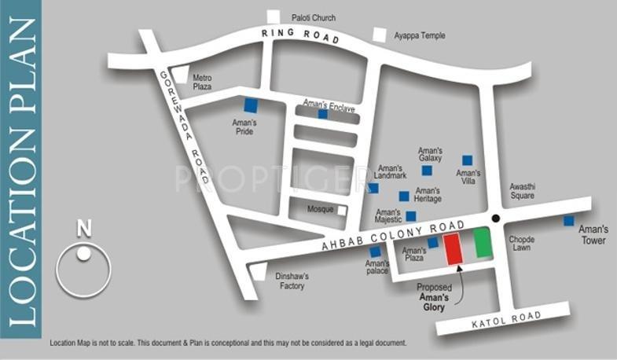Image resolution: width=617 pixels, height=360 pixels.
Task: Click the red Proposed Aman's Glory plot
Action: coord(454,249)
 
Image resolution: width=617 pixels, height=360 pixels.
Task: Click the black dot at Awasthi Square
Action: coord(495,218)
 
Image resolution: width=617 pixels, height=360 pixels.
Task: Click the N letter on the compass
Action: coord(84,229)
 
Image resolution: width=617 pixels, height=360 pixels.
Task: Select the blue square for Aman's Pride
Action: coord(250,105)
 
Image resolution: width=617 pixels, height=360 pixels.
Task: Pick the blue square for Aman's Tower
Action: coord(569,221)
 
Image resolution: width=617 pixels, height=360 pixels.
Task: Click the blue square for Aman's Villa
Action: coord(467,160)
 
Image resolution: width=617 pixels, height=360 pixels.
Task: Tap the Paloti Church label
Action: coord(314,17)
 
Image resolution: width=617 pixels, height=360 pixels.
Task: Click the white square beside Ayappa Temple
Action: coord(380,35)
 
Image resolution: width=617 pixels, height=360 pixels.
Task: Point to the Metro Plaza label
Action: coord(203,82)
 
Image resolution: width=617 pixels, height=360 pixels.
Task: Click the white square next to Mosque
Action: coord(342,210)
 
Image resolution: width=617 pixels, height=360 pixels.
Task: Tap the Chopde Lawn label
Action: coord(522,243)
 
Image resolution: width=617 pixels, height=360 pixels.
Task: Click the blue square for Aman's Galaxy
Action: coord(427,170)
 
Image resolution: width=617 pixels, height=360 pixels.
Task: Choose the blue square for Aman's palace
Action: coord(375,252)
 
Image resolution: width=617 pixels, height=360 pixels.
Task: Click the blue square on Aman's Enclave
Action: coord(322,114)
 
